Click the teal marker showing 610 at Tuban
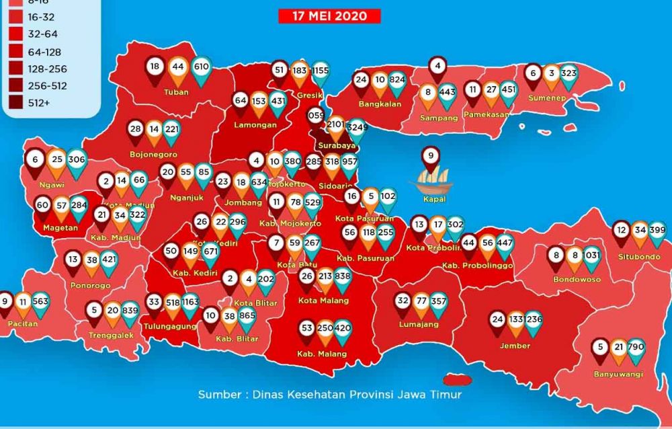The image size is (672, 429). (201, 67)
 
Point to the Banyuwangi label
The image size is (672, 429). (618, 373)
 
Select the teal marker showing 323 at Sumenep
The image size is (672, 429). (569, 73)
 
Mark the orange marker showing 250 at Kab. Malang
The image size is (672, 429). (325, 328)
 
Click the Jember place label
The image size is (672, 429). (515, 346)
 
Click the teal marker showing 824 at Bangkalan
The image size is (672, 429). (397, 80)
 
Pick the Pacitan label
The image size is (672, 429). (23, 324)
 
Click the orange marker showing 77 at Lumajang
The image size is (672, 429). (421, 301)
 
